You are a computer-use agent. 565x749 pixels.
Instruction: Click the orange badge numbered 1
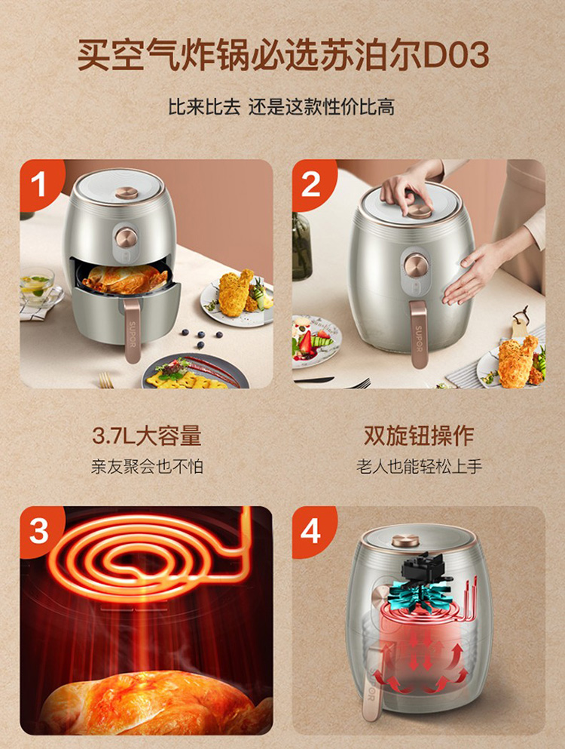pyautogui.click(x=40, y=183)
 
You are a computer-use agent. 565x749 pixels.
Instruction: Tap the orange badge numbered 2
pyautogui.click(x=312, y=183)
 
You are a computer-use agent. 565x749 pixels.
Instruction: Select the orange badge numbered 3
pyautogui.click(x=40, y=530)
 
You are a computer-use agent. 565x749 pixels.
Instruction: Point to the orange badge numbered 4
pyautogui.click(x=312, y=530)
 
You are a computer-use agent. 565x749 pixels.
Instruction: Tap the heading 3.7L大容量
pyautogui.click(x=146, y=436)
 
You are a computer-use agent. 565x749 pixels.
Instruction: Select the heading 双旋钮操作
pyautogui.click(x=419, y=436)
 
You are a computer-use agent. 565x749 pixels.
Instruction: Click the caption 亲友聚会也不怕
pyautogui.click(x=146, y=466)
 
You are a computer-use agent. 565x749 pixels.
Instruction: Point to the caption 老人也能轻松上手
pyautogui.click(x=419, y=466)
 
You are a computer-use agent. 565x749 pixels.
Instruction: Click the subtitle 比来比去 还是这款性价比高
pyautogui.click(x=282, y=107)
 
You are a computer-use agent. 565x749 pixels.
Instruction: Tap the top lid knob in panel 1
pyautogui.click(x=127, y=193)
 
